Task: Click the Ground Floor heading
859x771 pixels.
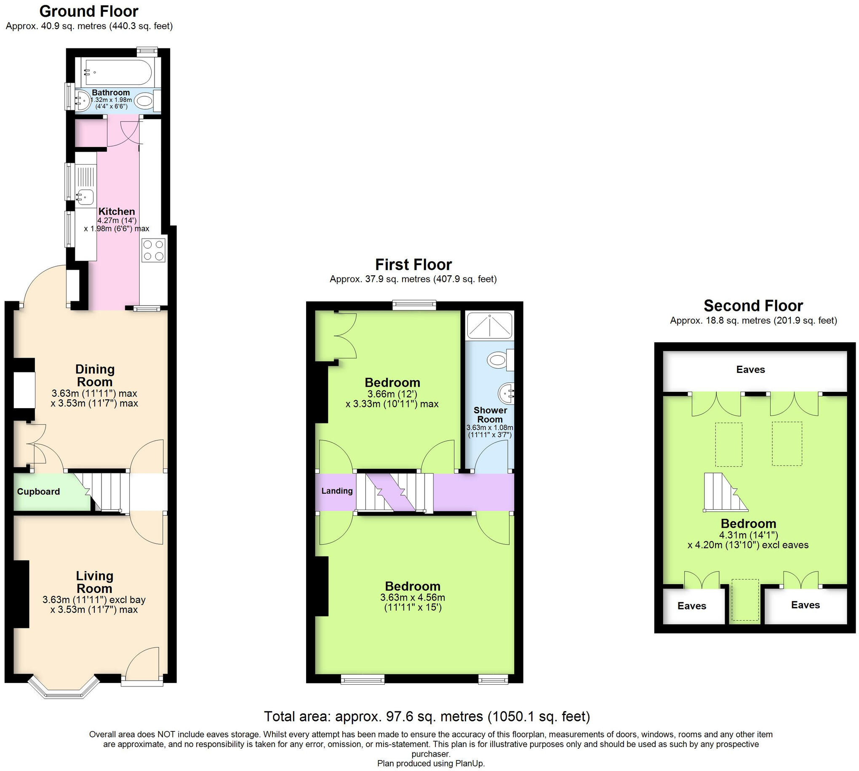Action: [x=88, y=11]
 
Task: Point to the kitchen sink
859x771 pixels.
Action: [x=85, y=197]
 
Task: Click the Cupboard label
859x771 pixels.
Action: [x=38, y=492]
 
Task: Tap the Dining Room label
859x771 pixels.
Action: [x=95, y=375]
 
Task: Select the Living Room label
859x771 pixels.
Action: [x=94, y=582]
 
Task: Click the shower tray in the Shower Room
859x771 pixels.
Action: [x=489, y=325]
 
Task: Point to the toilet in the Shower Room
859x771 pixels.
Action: [x=498, y=361]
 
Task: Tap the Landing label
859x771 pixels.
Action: [x=336, y=491]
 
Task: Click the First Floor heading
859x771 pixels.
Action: [x=413, y=265]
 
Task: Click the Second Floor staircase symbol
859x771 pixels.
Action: [x=723, y=492]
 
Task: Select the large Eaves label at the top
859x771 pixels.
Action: [x=750, y=370]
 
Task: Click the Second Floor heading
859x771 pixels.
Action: [x=753, y=306]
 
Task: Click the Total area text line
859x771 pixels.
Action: [x=427, y=716]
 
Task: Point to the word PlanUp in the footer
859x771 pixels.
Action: [x=470, y=763]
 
